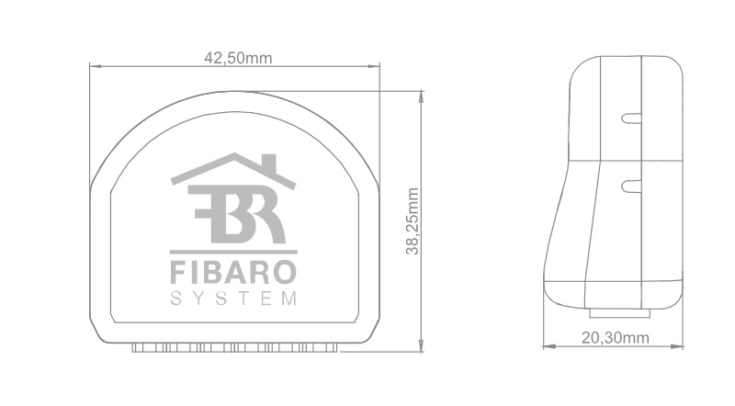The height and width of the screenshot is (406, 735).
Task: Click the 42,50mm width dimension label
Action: tap(238, 58)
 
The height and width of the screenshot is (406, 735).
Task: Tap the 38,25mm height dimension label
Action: tap(413, 221)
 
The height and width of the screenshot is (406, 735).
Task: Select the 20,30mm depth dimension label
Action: tap(616, 337)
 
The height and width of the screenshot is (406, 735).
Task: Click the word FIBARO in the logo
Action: tap(233, 273)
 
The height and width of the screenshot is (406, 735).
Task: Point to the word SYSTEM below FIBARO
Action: tap(233, 299)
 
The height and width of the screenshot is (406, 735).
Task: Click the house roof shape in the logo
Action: tap(233, 170)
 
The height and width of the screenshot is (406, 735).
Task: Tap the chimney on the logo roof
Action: tap(270, 162)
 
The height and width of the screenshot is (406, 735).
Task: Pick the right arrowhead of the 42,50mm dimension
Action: tap(374, 66)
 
